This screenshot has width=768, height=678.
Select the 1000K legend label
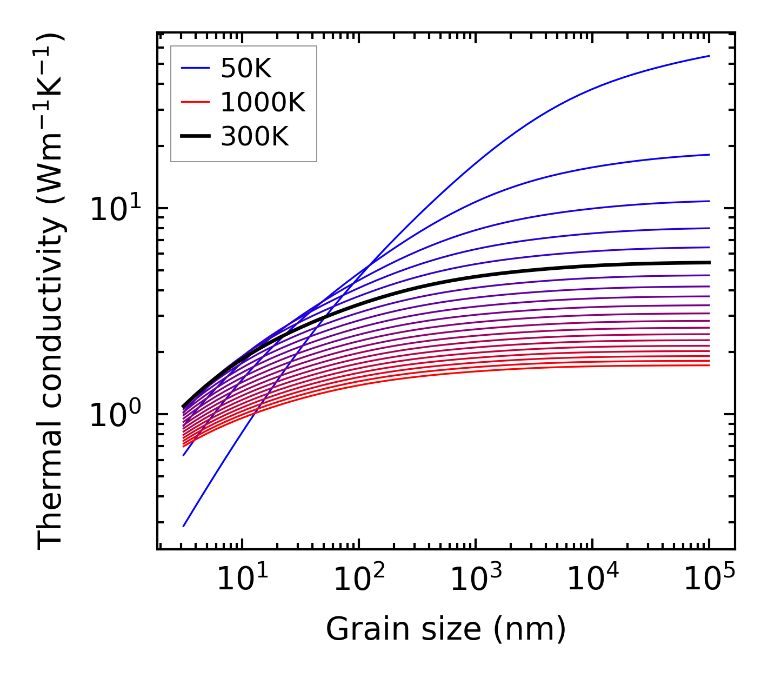coord(263,102)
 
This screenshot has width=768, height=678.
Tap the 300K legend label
coord(255,137)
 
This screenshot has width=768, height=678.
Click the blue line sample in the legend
coord(195,68)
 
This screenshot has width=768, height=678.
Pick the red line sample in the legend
coord(195,102)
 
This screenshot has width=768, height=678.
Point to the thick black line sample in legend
coord(195,137)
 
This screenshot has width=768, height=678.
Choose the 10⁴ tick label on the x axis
coord(592,580)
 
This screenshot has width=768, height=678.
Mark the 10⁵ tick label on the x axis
coord(709,580)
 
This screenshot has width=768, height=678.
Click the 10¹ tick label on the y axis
coord(115,210)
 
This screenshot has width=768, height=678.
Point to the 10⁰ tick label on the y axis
coord(115,415)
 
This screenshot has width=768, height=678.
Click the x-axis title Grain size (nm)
coord(446,629)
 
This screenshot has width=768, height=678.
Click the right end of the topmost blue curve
coord(709,56)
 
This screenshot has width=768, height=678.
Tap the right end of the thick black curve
coord(709,262)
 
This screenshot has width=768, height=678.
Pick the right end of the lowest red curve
coord(709,365)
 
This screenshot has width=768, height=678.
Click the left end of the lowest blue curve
coord(184,526)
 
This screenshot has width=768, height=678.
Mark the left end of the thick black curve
coord(184,407)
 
